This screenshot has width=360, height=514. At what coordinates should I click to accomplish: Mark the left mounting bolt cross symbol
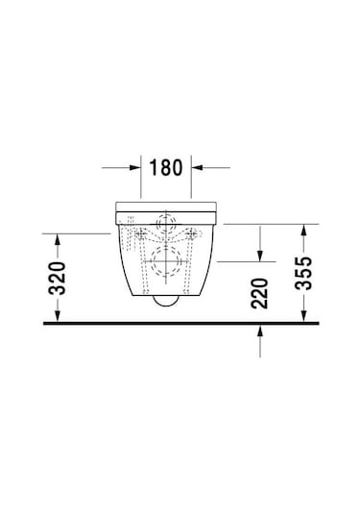click(142, 233)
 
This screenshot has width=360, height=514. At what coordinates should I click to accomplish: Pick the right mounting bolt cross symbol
click(192, 233)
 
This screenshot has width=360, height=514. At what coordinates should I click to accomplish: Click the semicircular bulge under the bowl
click(167, 301)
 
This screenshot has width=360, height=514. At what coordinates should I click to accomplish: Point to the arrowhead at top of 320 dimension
click(57, 237)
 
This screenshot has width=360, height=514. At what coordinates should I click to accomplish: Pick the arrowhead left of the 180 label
click(137, 167)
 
